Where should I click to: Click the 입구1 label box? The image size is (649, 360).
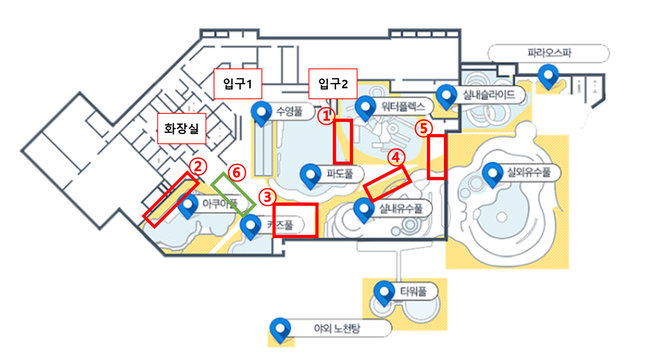tap(238, 84)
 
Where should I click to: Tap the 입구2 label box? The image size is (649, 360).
tap(333, 84)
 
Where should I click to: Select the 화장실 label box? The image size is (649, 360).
tap(181, 129)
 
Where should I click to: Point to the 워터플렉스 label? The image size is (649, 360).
tap(403, 107)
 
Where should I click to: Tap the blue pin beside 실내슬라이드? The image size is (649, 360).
tap(446, 96)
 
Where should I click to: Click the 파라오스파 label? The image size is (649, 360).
tap(549, 53)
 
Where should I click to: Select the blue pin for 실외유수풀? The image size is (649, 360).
tap(492, 173)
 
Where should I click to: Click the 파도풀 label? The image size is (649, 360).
tap(339, 174)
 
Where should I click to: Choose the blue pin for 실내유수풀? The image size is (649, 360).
tap(363, 209)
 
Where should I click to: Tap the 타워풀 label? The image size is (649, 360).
tap(413, 291)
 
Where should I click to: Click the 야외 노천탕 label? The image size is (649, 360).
tap(337, 328)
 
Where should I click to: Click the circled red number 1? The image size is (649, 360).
tap(326, 116)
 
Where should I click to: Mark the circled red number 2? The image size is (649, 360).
tap(198, 166)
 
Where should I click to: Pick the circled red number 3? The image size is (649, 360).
tap(267, 197)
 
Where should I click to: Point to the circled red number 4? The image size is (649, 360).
tap(396, 157)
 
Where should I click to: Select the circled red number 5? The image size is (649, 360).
tap(423, 129)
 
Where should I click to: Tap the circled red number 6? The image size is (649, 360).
tap(237, 173)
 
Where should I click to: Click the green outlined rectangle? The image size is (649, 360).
tap(233, 194)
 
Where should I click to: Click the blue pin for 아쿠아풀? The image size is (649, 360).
tap(188, 204)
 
